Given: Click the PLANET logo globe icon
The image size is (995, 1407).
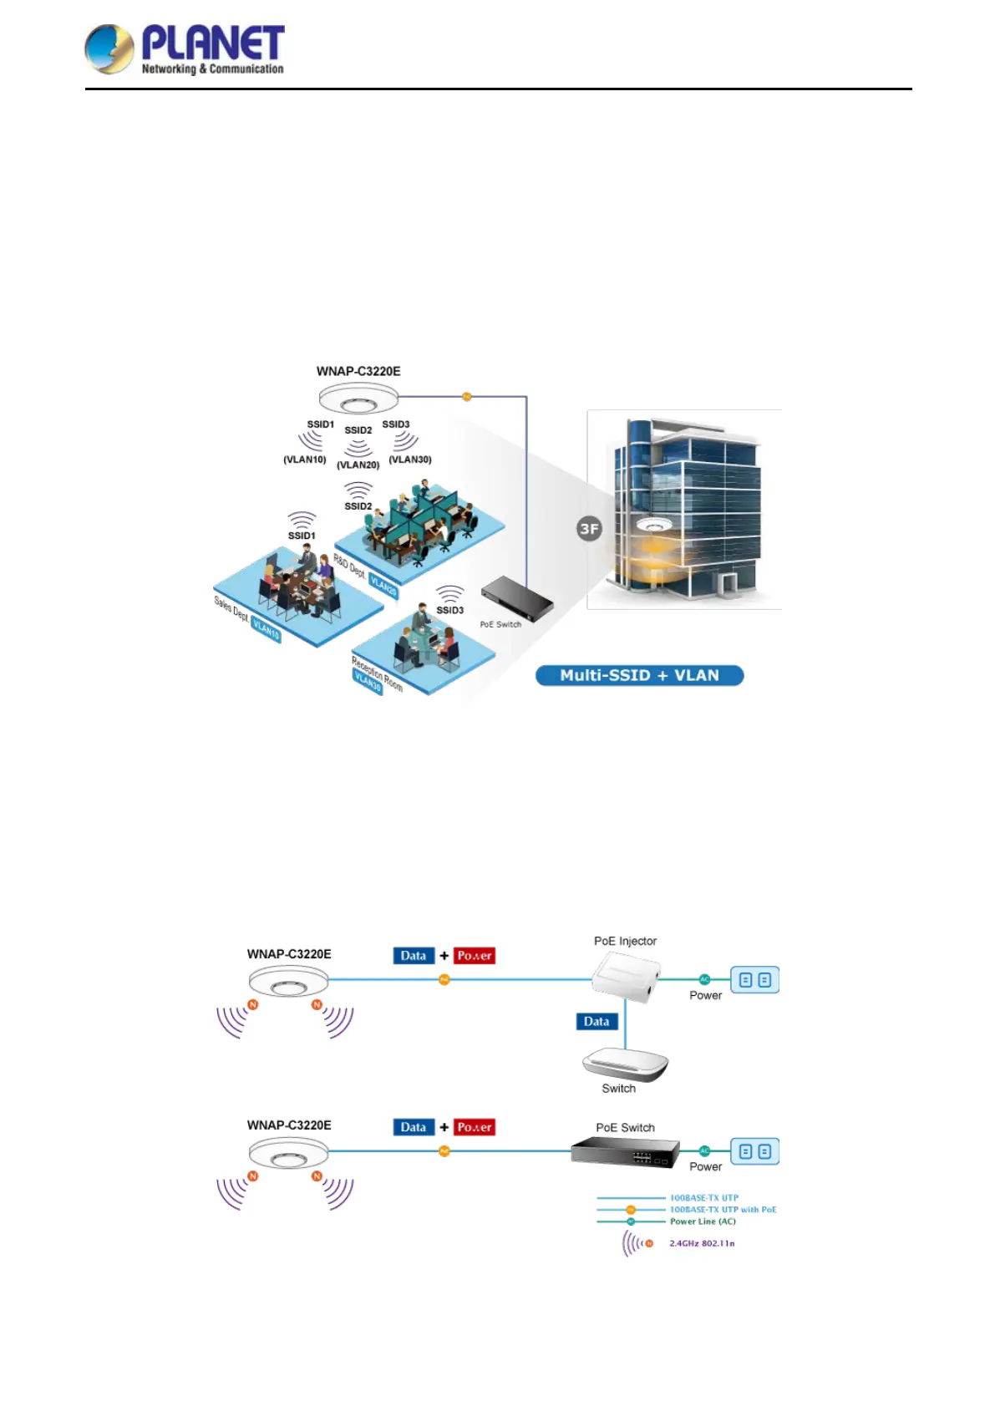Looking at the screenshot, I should [109, 49].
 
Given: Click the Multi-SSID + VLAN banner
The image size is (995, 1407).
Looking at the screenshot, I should [639, 675].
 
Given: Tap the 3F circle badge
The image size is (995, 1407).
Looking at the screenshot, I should [589, 528].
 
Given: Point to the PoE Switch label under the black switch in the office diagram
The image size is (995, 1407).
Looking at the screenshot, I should [500, 624].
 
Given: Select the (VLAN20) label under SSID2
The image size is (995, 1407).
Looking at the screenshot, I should [358, 465].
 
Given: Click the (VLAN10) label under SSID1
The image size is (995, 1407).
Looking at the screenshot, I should [304, 460].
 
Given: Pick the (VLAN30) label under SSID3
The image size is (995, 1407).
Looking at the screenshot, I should [410, 460].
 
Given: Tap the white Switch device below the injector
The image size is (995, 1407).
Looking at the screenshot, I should [625, 1064].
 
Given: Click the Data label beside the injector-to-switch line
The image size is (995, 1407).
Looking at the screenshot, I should [596, 1021].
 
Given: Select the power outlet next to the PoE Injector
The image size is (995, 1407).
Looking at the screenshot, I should [755, 980].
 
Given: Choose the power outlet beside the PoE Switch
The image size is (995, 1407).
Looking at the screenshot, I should [755, 1151].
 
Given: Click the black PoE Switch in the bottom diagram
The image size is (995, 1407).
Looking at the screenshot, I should [625, 1153].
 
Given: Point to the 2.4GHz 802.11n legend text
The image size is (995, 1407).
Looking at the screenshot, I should [702, 1243].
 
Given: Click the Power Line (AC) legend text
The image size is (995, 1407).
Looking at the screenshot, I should [703, 1222].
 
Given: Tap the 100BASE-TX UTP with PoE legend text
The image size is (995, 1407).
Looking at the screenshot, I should [723, 1209].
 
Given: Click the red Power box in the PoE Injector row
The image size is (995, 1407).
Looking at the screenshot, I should [475, 956].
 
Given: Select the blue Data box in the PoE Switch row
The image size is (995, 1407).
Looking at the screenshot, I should [414, 1127].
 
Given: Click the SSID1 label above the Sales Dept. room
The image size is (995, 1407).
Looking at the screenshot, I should [302, 536].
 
